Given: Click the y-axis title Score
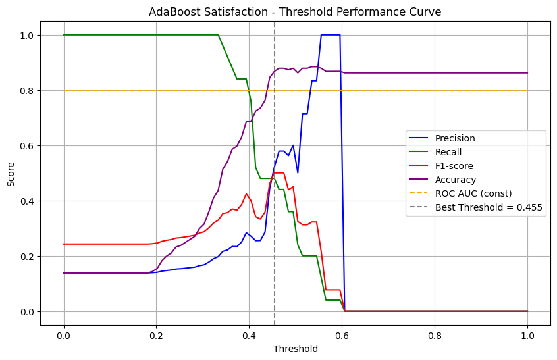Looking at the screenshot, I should coord(11,173).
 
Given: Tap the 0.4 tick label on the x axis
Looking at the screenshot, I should coord(249,335).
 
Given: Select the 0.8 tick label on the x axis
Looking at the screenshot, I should coord(435,335).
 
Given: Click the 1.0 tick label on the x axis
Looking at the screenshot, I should coord(527,335).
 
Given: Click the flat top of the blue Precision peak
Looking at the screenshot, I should coord(331,35).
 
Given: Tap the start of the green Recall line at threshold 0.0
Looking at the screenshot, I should coord(64,35).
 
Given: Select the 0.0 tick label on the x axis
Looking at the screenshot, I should coord(64,335).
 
